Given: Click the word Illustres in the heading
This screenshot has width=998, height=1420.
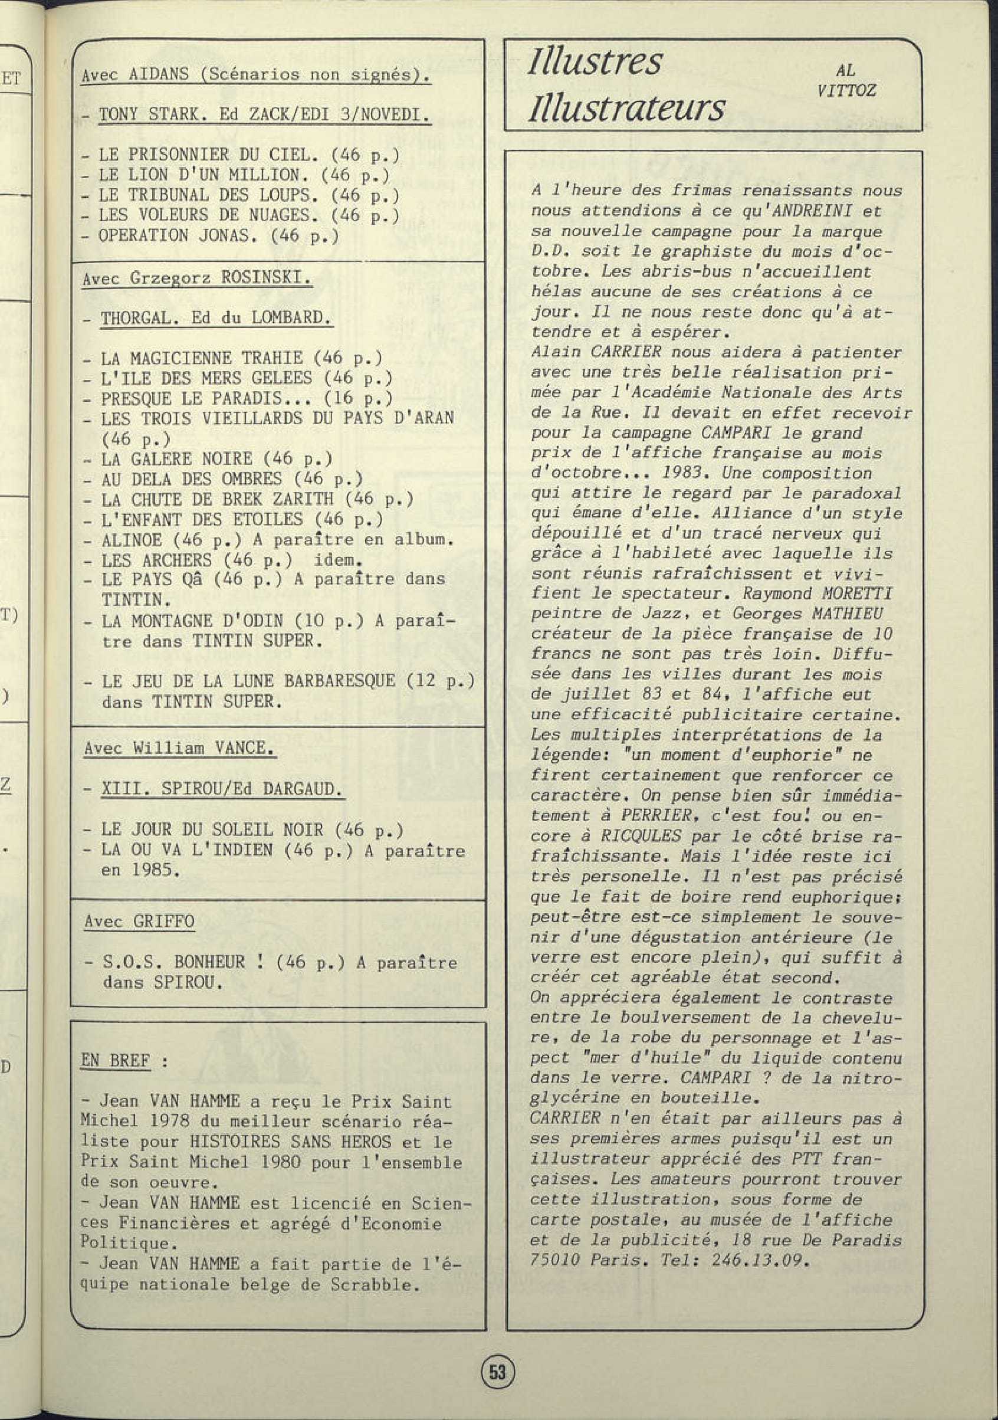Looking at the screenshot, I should (595, 63).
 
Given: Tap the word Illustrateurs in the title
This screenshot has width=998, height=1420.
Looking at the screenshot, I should (626, 107).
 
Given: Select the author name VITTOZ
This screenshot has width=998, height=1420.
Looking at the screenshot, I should (846, 90).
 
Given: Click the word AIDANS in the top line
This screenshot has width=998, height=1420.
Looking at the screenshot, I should (158, 75).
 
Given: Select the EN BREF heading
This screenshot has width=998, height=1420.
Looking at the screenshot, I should (116, 1060).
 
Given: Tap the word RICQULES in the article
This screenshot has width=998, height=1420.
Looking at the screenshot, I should (641, 835).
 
